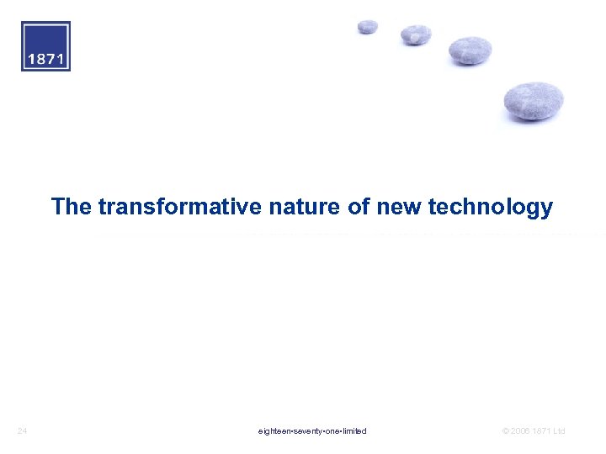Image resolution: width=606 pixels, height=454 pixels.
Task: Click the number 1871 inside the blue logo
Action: [x=45, y=60]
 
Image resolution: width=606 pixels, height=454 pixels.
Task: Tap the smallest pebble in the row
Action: [x=368, y=27]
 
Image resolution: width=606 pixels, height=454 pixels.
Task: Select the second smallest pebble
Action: [x=416, y=34]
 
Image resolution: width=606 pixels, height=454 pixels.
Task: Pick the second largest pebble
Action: [x=470, y=50]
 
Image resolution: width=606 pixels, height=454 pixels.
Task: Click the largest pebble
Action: [x=534, y=101]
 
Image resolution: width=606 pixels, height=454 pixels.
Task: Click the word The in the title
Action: [x=71, y=207]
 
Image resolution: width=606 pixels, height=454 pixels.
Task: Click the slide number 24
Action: [x=23, y=431]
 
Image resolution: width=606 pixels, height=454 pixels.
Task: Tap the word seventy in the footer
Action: [x=307, y=431]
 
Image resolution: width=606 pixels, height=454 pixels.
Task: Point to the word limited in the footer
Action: [x=355, y=431]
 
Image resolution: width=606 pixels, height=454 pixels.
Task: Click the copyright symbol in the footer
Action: [x=505, y=431]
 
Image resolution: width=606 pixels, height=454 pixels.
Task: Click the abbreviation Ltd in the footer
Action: [x=559, y=431]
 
